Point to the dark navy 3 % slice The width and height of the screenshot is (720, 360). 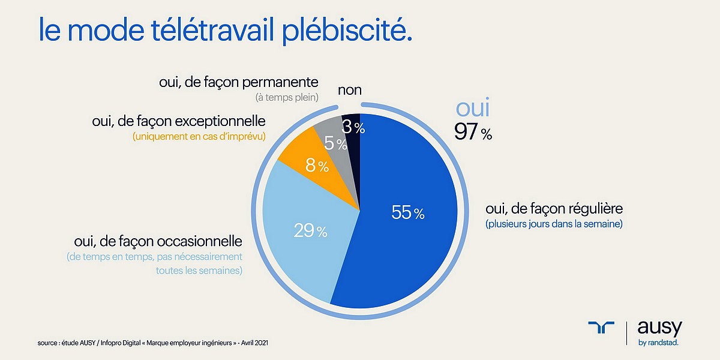pos(352,128)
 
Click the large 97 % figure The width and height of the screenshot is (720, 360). pos(473,131)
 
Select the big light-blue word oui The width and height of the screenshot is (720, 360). pos(473,108)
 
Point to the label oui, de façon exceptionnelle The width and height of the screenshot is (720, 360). pos(179,122)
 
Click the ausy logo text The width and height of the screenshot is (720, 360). pos(659,328)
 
